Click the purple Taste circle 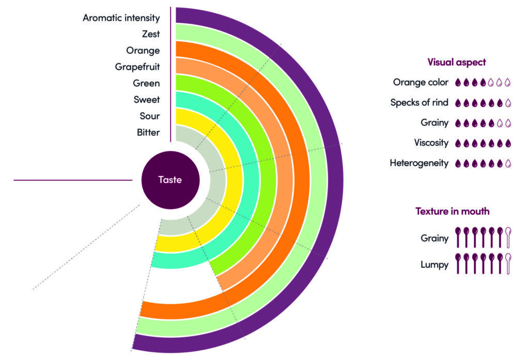(x=170, y=180)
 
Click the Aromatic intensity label (x=121, y=18)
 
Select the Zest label (x=151, y=34)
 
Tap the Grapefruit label (x=137, y=67)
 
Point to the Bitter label (x=148, y=132)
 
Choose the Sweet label (x=147, y=100)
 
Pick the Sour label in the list (x=150, y=116)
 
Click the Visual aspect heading (x=457, y=62)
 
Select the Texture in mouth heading (x=453, y=211)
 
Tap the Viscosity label (x=431, y=143)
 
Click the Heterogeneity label (x=419, y=163)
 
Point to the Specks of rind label (x=419, y=102)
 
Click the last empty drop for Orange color (x=508, y=82)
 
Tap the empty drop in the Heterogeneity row (x=508, y=163)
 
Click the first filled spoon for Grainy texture (x=458, y=238)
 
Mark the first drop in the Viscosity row (x=458, y=143)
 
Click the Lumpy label (x=435, y=264)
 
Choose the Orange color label (x=421, y=82)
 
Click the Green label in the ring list (x=146, y=83)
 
